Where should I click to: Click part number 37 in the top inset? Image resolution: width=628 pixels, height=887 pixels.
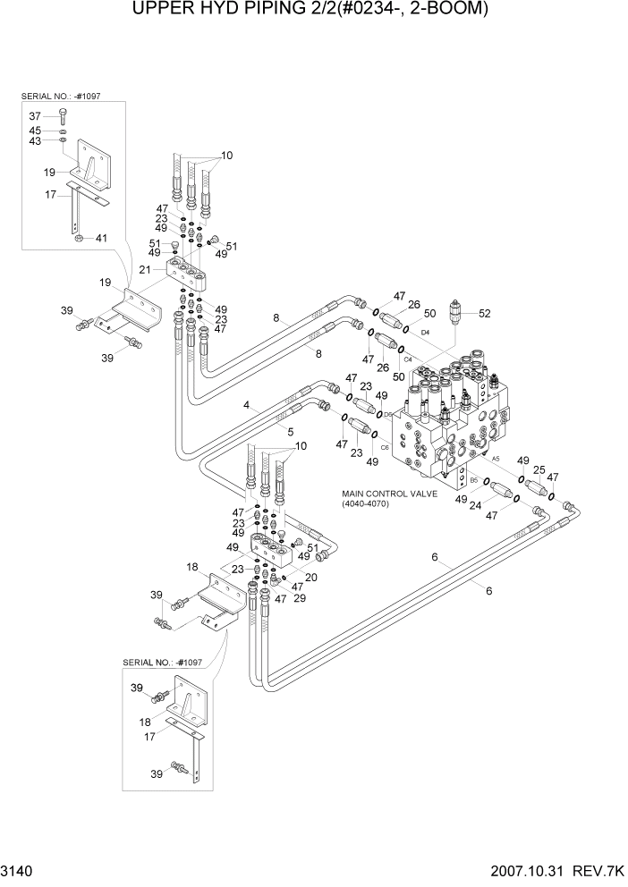click(x=35, y=116)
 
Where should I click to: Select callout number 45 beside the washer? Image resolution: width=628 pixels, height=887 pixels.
click(x=35, y=130)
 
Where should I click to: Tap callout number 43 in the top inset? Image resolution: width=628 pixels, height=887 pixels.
click(x=35, y=141)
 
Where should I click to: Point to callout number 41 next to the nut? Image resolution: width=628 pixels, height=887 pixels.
click(x=101, y=239)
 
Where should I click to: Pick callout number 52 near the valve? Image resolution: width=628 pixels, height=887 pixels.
click(x=485, y=313)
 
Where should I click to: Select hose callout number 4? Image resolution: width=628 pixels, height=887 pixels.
click(x=245, y=405)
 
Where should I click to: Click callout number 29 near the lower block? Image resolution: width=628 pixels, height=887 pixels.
click(x=299, y=598)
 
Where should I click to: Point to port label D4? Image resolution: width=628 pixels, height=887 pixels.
click(x=425, y=333)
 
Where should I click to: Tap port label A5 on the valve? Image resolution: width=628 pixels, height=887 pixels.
click(x=495, y=459)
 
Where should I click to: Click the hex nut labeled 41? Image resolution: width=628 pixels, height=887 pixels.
click(x=78, y=239)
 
